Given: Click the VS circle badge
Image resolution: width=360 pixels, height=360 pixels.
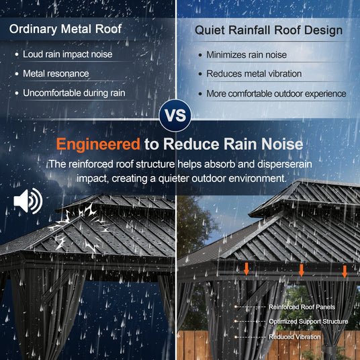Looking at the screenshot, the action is point(175,116).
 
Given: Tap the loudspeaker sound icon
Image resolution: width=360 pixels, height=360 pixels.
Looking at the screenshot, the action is point(28,201).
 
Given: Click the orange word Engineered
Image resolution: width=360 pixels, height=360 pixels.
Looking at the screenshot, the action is point(98,144).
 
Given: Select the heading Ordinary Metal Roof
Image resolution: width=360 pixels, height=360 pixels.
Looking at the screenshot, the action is point(65,29).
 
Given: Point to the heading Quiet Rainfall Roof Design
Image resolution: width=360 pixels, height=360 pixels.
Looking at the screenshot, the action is point(269,30).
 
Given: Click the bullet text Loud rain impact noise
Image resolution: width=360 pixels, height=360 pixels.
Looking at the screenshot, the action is point(67,54).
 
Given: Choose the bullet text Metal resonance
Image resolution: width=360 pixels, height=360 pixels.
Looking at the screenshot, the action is point(56,74).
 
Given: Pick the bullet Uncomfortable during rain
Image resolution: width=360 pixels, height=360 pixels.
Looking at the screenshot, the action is point(74,93).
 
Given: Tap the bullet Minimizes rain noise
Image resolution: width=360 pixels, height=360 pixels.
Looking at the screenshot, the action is point(246,55).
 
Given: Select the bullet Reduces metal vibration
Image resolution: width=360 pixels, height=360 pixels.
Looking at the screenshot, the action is point(254,74).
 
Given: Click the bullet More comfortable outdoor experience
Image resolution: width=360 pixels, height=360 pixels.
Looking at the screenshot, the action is point(276,93).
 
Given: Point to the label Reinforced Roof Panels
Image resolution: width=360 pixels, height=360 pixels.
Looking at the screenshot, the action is point(302,307).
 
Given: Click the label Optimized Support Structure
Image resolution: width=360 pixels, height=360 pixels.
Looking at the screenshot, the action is point(308,322).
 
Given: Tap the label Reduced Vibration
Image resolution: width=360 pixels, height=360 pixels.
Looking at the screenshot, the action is point(295,336).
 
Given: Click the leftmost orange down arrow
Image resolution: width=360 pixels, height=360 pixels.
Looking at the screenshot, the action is point(246,269).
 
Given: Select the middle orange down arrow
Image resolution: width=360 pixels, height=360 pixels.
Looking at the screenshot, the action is point(302,270).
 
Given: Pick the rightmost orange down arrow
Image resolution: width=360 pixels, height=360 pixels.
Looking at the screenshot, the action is point(345,271).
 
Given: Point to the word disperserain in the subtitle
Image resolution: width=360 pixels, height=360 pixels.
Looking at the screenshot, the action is point(285,165).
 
